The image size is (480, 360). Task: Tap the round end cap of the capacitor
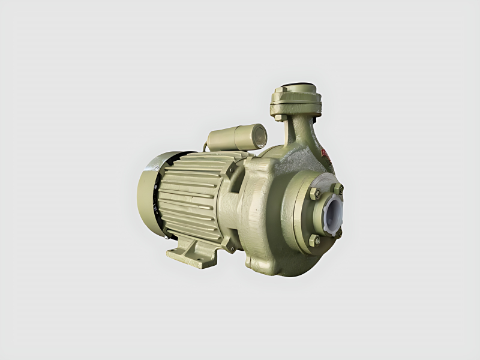pos(259,136)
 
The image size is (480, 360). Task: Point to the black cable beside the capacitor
pos(206,146)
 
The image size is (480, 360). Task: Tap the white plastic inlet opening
pos(331,211)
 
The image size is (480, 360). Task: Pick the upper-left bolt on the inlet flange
pos(314,194)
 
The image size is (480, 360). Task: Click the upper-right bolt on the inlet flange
pos(339,188)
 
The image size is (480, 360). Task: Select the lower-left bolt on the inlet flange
pos(314,240)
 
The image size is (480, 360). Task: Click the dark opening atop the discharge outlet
pos(298,85)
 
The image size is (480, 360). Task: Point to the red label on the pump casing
pos(326,155)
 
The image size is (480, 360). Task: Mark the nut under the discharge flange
pos(279,118)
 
